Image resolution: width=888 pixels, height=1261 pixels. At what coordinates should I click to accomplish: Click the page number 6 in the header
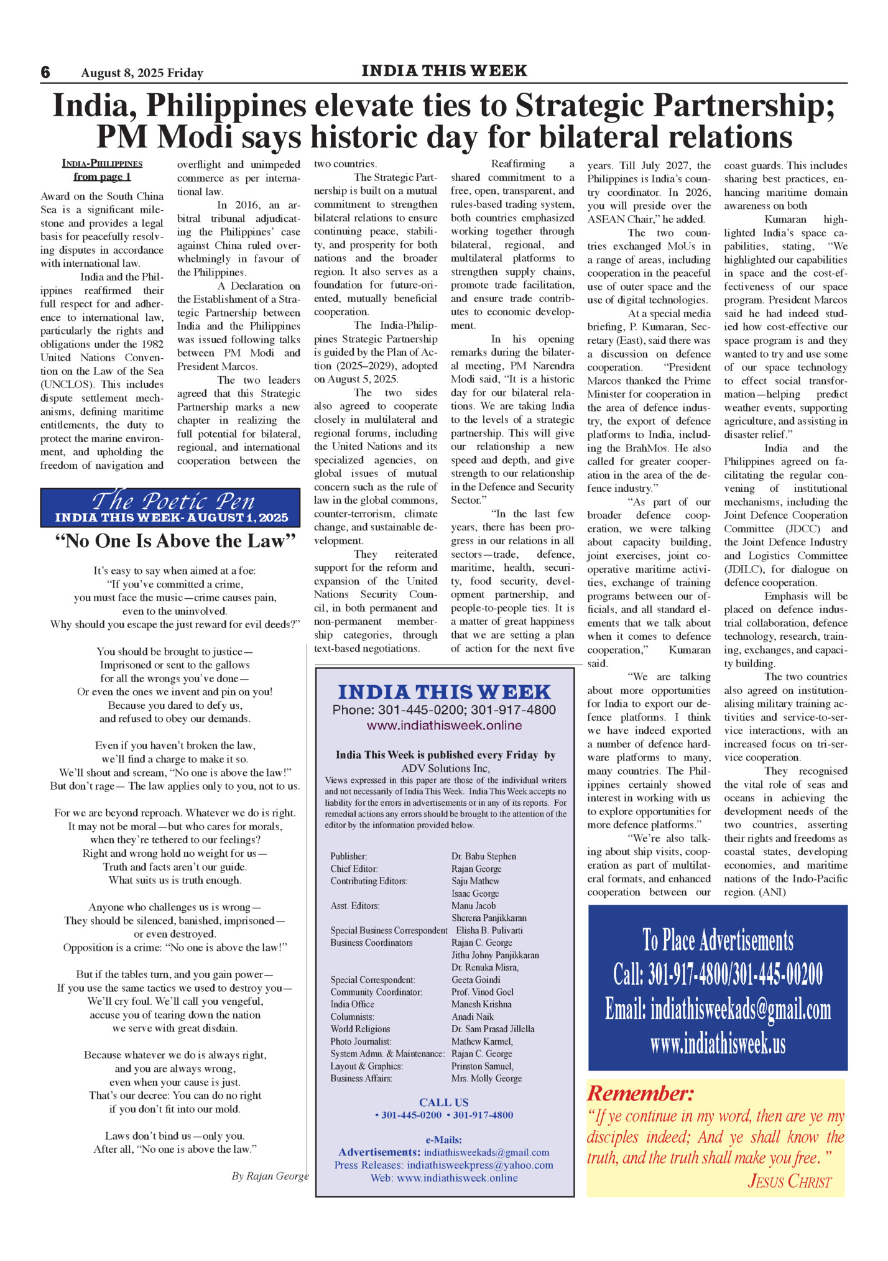(x=45, y=73)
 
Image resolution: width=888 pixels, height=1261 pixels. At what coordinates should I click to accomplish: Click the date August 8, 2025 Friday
(x=142, y=73)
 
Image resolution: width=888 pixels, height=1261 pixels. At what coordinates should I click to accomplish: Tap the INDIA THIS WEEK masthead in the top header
(x=444, y=71)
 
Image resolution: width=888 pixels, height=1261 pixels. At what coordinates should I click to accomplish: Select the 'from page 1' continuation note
(x=102, y=177)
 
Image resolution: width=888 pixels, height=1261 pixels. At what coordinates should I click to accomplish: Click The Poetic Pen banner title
(x=173, y=501)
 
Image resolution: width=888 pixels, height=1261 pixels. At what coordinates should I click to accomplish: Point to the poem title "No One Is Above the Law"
(x=175, y=542)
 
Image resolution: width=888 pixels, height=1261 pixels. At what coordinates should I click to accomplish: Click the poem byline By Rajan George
(x=270, y=1176)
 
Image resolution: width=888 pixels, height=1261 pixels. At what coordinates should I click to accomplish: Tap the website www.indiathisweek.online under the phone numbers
(x=444, y=726)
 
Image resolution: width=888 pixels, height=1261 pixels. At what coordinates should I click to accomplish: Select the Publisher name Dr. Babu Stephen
(x=483, y=856)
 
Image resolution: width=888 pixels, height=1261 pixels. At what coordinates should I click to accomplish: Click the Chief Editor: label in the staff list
(x=354, y=869)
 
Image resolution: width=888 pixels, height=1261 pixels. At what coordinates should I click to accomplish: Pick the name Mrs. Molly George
(x=486, y=1078)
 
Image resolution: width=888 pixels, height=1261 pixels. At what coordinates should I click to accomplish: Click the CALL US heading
(x=443, y=1102)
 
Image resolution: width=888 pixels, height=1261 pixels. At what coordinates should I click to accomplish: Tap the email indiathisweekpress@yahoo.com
(x=479, y=1165)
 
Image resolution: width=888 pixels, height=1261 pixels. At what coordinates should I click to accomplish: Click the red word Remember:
(x=641, y=1093)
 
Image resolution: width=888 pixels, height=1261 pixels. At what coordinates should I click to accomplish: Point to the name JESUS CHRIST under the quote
(x=789, y=1181)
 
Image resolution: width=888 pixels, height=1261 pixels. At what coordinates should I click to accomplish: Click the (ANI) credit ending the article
(x=772, y=892)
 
